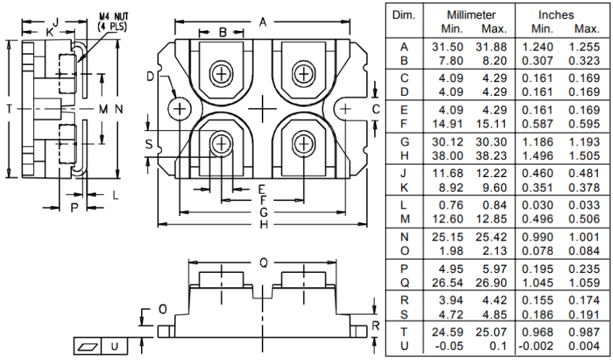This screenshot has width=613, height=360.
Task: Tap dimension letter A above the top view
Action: pos(263,22)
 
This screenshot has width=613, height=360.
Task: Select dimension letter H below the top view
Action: pos(263,225)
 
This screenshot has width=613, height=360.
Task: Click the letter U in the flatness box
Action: pos(114,346)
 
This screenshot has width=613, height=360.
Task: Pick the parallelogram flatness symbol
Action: pos(88,346)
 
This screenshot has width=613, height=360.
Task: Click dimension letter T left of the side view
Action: pos(8,108)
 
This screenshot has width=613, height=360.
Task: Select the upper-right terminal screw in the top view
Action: pos(304,73)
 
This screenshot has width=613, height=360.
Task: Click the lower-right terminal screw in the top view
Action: pos(304,144)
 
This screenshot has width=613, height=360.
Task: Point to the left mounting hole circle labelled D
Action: pos(178,109)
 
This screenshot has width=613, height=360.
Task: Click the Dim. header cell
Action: pos(404,14)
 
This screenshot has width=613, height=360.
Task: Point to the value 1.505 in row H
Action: pos(586,155)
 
